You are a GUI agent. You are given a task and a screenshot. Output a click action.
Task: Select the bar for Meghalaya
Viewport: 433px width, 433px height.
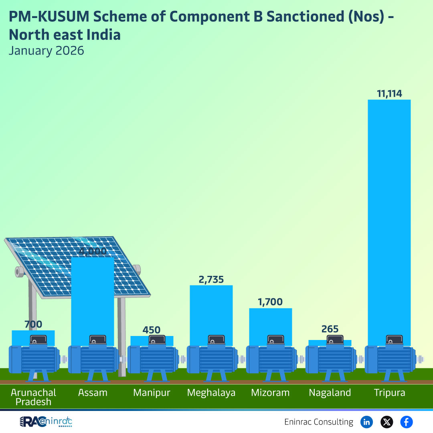(x=211, y=311)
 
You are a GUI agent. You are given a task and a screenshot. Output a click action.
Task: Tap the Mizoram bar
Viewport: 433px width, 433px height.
(x=271, y=323)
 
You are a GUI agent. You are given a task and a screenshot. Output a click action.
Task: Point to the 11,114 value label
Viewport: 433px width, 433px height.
(x=389, y=94)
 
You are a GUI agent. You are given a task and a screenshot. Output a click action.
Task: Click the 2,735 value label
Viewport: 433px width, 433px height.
(x=211, y=279)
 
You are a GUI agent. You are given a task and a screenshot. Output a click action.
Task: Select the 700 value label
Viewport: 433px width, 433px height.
(x=33, y=324)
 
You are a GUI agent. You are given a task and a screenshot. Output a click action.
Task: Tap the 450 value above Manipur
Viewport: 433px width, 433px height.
(x=152, y=330)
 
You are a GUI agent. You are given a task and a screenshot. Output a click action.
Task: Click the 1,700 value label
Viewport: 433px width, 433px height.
(x=270, y=302)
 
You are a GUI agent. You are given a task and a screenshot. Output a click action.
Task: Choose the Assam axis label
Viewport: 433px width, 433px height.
(x=93, y=393)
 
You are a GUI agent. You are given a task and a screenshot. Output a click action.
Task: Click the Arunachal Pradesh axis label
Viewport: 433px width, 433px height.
(x=33, y=397)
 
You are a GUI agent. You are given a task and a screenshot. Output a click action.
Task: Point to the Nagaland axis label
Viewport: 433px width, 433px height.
(x=330, y=393)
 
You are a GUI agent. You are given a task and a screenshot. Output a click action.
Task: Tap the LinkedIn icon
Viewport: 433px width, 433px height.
(x=366, y=422)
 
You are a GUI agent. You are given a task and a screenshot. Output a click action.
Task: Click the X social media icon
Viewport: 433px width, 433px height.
(x=386, y=422)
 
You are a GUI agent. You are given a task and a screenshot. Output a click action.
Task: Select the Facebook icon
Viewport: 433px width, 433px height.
(x=407, y=422)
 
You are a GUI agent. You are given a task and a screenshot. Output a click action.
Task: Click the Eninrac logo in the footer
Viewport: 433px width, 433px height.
(x=46, y=422)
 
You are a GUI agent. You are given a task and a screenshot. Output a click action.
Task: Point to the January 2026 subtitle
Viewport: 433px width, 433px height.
(x=47, y=51)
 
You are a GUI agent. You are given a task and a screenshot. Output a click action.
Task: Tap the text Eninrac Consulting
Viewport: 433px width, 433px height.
(x=319, y=422)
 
